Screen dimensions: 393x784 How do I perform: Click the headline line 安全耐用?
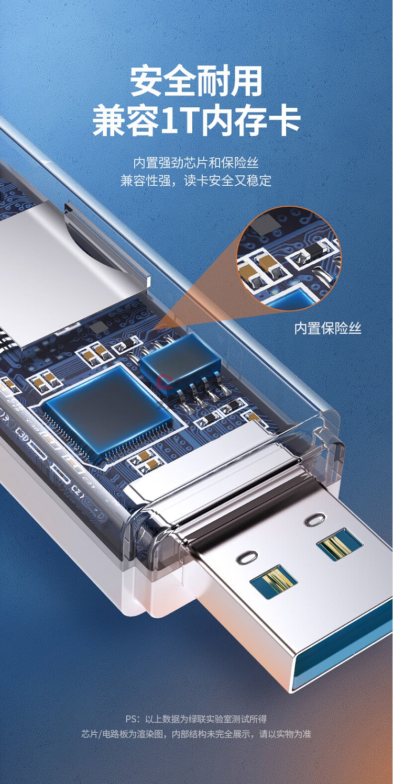point(196,82)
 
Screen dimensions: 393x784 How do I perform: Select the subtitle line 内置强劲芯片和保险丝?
point(196,163)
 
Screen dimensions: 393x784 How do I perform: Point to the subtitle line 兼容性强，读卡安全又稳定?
point(196,181)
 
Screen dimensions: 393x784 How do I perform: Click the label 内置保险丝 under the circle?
point(327,328)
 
